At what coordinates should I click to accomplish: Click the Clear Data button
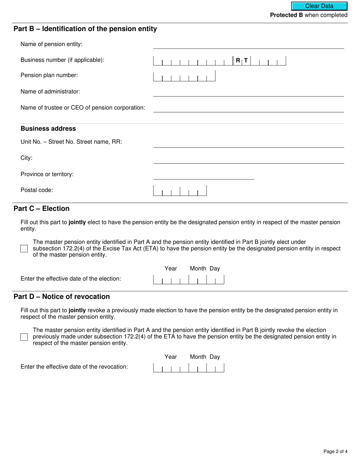(319, 6)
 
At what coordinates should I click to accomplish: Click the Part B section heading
(85, 29)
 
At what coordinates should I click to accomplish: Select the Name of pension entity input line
(248, 45)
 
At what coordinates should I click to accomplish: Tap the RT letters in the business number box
(242, 60)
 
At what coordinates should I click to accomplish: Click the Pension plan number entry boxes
(184, 76)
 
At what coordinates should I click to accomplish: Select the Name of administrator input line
(248, 92)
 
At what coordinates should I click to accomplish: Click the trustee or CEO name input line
(248, 108)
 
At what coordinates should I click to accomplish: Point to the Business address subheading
(48, 128)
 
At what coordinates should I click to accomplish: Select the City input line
(248, 159)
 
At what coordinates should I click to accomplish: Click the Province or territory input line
(203, 175)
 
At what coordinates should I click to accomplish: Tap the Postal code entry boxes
(180, 191)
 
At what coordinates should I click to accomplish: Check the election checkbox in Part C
(24, 249)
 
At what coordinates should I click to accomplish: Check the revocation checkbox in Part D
(24, 337)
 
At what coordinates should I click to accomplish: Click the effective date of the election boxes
(188, 280)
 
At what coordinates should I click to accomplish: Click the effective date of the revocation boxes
(188, 368)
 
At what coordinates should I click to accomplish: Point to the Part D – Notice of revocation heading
(62, 297)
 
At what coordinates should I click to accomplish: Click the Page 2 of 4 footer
(335, 451)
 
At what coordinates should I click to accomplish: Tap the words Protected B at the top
(286, 15)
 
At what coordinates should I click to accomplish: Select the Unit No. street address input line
(248, 143)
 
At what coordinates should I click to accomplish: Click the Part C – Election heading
(42, 209)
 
